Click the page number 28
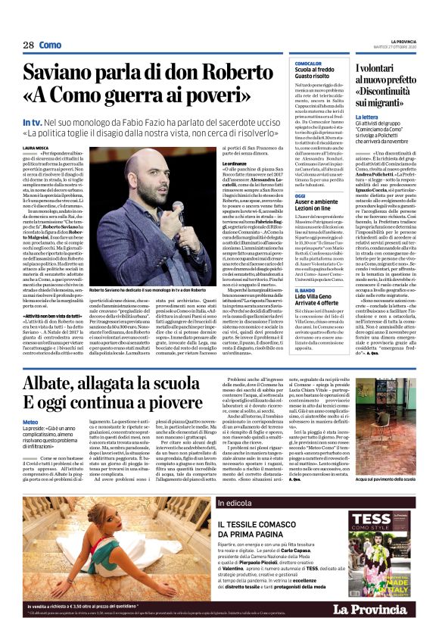pyautogui.click(x=28, y=45)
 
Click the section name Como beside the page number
pyautogui.click(x=50, y=45)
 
